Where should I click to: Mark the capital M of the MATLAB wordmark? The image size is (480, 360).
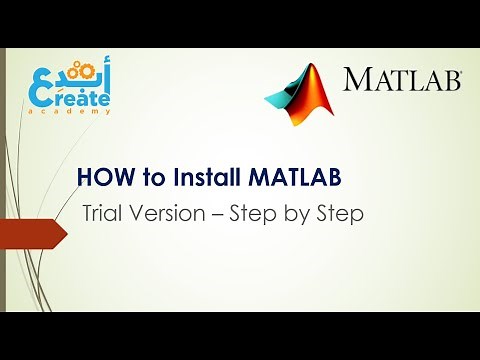click(x=356, y=80)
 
